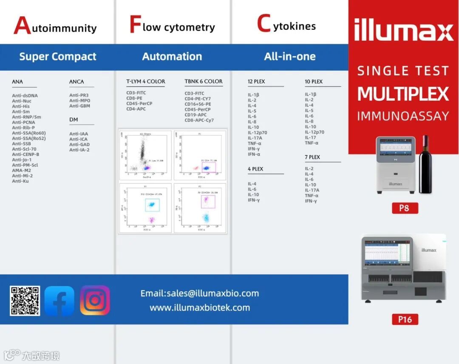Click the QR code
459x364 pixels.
click(x=25, y=301)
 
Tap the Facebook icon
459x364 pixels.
click(x=59, y=301)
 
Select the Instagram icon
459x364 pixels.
click(x=95, y=300)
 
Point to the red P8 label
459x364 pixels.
click(x=405, y=208)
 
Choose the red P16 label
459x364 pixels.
click(x=405, y=319)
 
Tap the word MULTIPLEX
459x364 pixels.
click(x=403, y=94)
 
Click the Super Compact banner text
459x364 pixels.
click(x=58, y=57)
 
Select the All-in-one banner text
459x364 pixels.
click(x=290, y=57)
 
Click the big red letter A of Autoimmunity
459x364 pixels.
click(x=22, y=26)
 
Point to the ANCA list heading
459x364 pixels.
click(x=76, y=82)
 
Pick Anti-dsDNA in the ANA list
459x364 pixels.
click(x=25, y=96)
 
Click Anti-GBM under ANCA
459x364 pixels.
click(x=79, y=106)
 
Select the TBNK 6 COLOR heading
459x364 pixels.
click(x=204, y=81)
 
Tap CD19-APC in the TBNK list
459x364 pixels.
click(x=195, y=115)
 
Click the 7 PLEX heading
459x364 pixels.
click(x=312, y=157)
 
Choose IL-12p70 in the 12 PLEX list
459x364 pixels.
click(x=258, y=133)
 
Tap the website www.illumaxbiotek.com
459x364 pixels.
click(x=200, y=308)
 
